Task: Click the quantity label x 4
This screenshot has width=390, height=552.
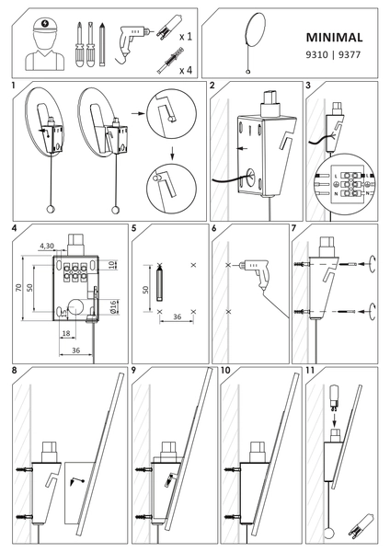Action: coord(184,69)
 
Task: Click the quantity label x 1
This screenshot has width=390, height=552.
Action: coord(184,36)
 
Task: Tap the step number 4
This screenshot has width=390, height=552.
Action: coord(15,226)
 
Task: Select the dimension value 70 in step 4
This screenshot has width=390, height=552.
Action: coord(17,287)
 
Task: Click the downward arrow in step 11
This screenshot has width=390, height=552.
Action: coord(336,416)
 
